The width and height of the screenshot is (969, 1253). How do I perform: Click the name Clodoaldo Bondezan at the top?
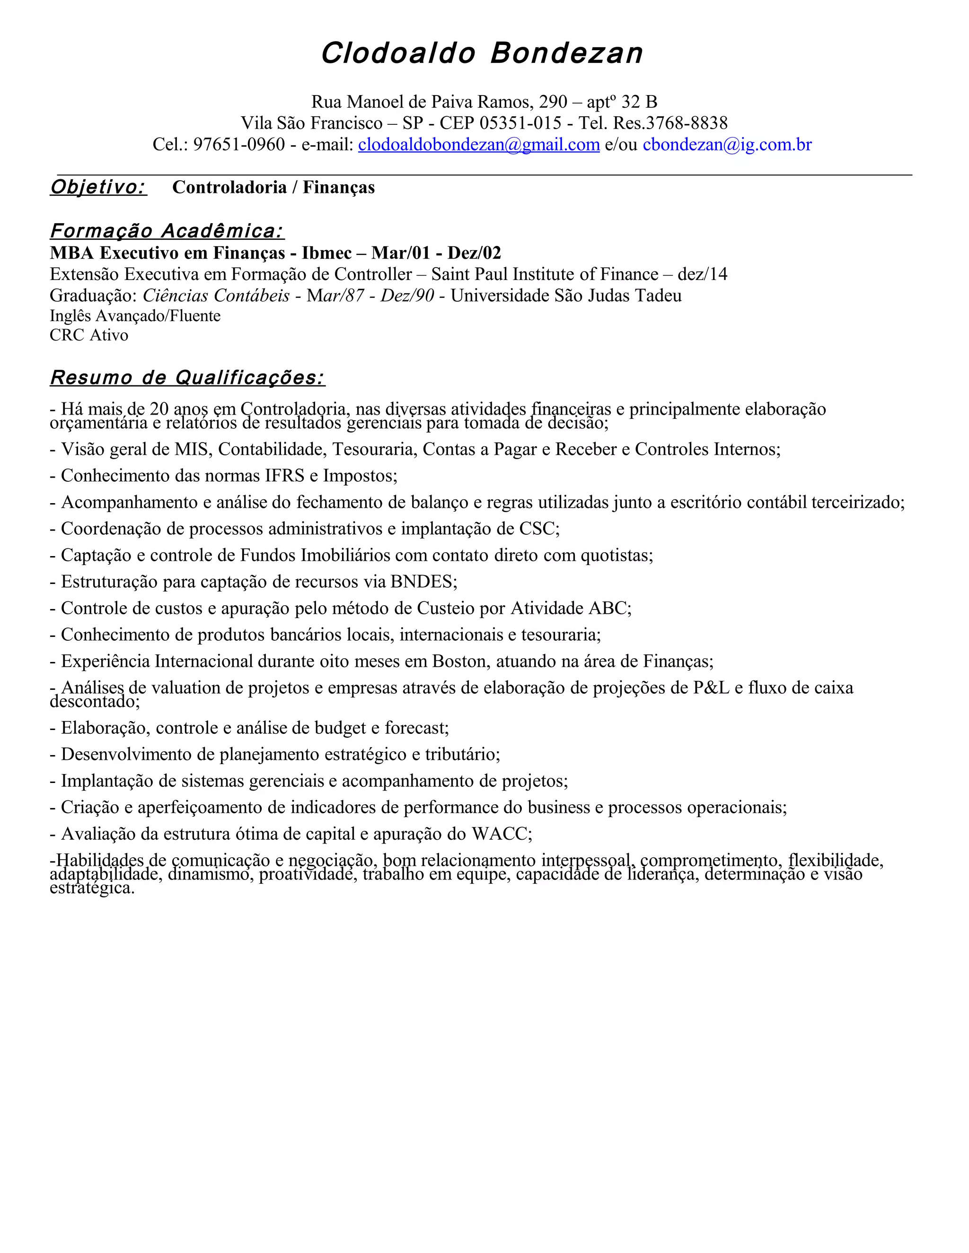click(482, 53)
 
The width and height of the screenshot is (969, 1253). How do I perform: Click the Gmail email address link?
click(479, 145)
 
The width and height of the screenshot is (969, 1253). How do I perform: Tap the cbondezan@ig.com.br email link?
click(727, 145)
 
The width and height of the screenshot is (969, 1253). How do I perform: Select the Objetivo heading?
click(98, 187)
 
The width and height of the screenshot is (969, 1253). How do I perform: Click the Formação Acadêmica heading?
click(167, 231)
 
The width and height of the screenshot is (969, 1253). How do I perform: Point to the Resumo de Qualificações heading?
click(187, 377)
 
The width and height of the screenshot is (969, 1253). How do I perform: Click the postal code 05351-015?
click(520, 123)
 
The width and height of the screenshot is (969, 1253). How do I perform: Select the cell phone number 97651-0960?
click(239, 145)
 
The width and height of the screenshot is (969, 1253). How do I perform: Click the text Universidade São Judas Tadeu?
click(566, 296)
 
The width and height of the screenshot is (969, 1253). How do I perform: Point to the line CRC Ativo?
click(89, 335)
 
